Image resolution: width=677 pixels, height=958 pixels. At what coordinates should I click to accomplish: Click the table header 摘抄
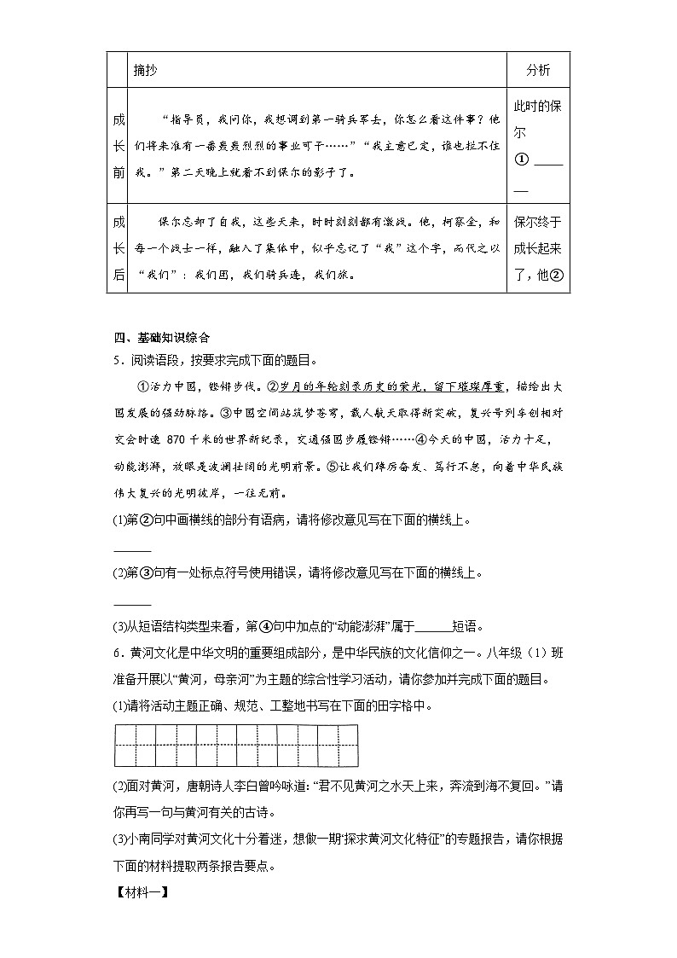point(145,69)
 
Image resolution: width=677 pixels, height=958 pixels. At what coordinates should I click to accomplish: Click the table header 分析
point(538,69)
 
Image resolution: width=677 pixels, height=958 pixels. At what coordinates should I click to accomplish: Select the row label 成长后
point(119,248)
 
